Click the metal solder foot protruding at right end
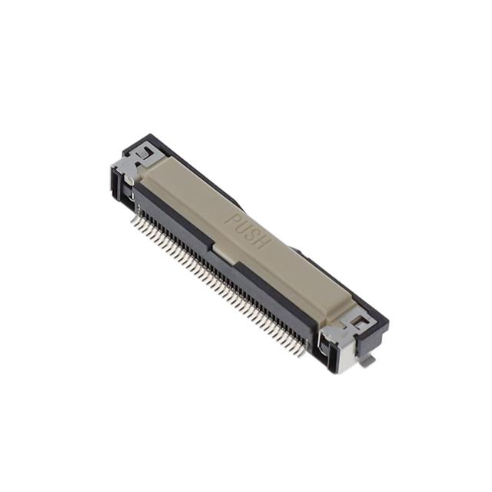(x=369, y=359)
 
